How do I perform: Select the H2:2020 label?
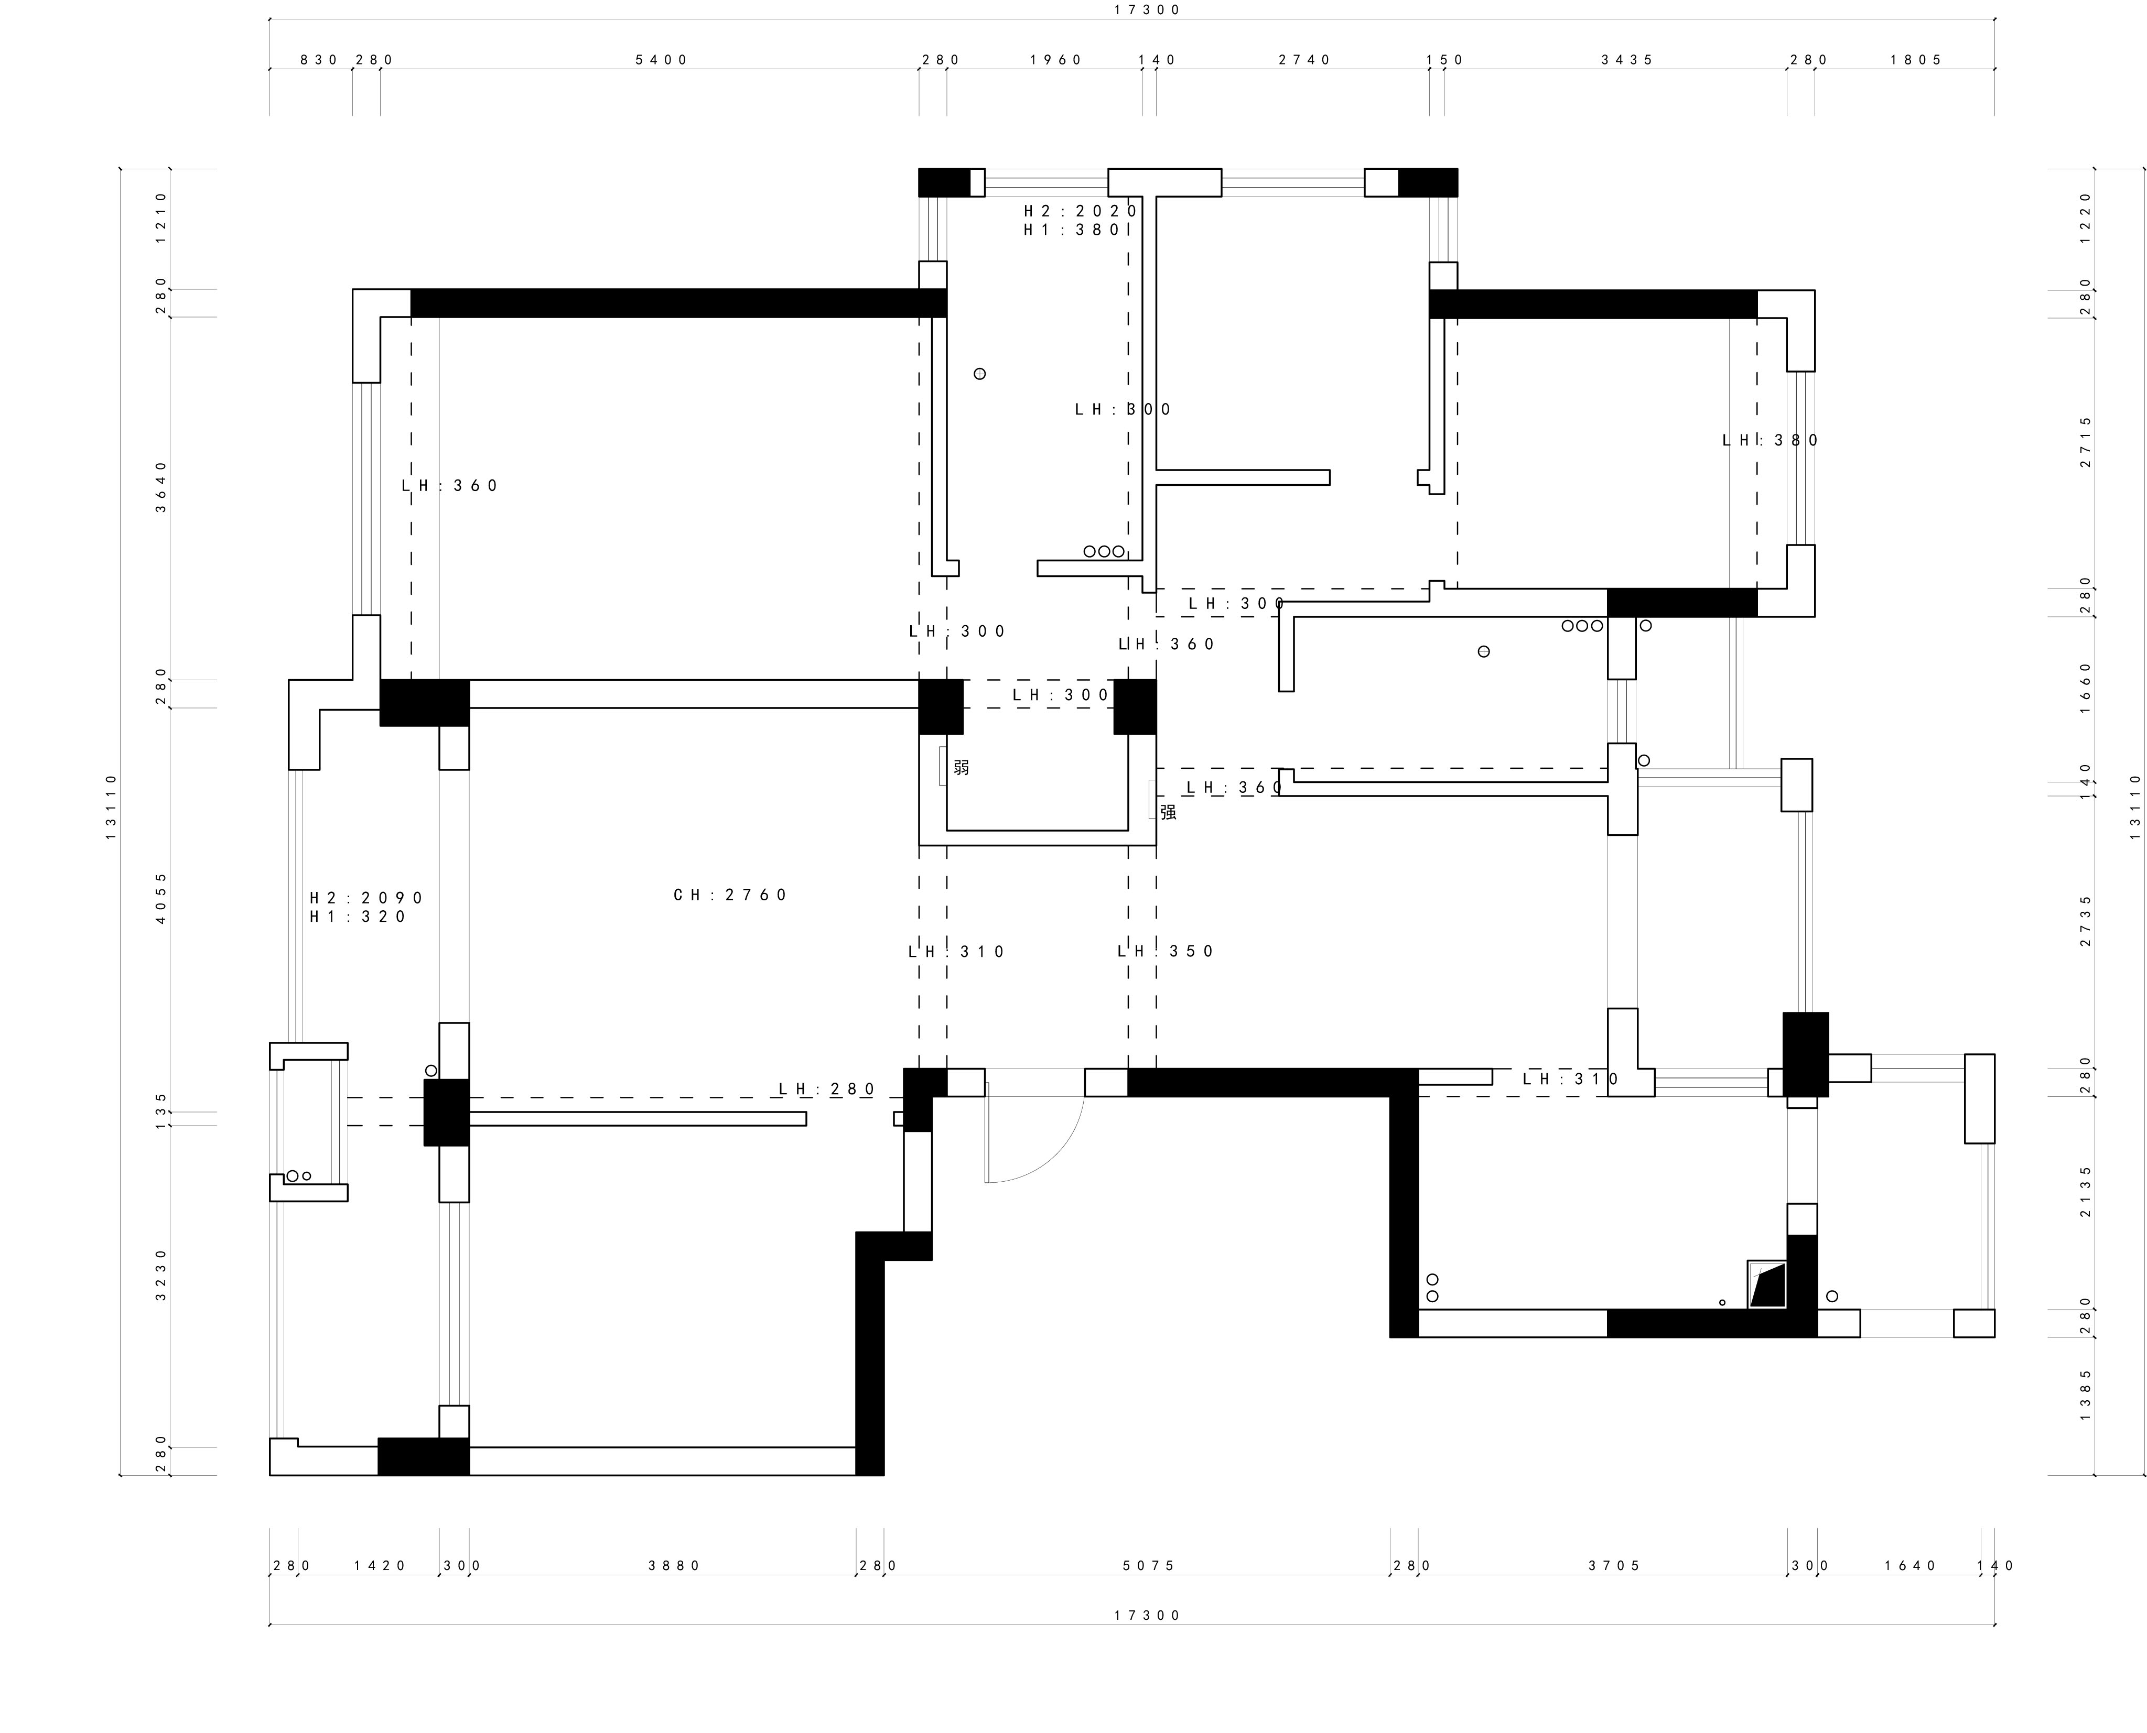click(1081, 211)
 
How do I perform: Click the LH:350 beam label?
click(1166, 951)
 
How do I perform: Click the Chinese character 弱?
click(961, 767)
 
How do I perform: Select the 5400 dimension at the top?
click(662, 60)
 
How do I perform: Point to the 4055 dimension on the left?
click(162, 898)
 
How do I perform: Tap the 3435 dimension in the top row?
click(1628, 60)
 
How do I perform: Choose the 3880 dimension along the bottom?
click(675, 1565)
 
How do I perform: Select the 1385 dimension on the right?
click(2085, 1394)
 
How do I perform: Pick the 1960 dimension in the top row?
click(1056, 60)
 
